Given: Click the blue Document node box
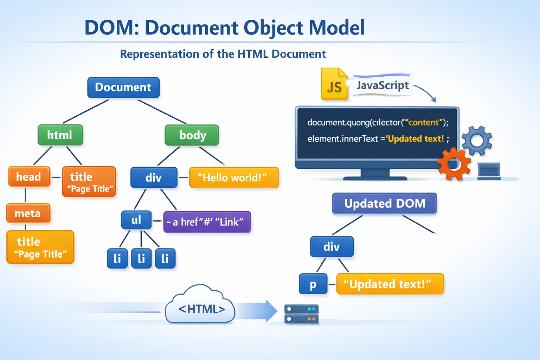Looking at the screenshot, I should click(123, 88).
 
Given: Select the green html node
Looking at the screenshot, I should click(60, 135).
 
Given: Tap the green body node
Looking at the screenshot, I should click(192, 135).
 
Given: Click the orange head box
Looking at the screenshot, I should click(29, 176).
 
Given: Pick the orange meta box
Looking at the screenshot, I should click(28, 213).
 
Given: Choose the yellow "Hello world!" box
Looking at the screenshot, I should click(234, 178).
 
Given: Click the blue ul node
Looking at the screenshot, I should click(136, 220).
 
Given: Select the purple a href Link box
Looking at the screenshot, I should click(207, 222).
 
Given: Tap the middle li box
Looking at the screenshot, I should click(141, 258).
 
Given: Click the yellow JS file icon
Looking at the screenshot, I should click(334, 84).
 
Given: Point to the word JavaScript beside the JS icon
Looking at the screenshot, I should click(382, 85).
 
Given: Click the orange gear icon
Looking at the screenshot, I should click(454, 164).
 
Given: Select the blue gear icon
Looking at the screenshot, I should click(477, 141).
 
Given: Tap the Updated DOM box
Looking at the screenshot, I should click(384, 204).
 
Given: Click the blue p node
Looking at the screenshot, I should click(313, 284).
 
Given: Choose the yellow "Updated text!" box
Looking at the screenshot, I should click(390, 284).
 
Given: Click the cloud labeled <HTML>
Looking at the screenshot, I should click(200, 306).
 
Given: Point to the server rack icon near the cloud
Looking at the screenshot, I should click(301, 314).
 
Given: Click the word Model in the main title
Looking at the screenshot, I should click(337, 28).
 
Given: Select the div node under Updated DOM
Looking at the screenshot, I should click(332, 246).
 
